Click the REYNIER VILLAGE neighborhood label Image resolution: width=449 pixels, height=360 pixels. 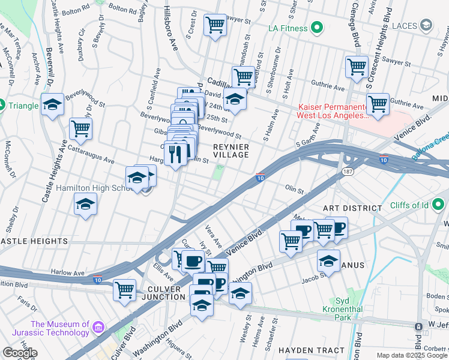coord(231,150)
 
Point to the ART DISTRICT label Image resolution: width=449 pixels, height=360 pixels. coord(352,208)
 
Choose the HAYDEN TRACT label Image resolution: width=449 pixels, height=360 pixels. coord(312,350)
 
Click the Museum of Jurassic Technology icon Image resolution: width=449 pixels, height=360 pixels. coord(98,328)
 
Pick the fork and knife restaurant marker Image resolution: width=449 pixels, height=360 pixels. coord(176,155)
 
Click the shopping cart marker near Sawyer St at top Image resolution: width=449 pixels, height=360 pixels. coord(215,25)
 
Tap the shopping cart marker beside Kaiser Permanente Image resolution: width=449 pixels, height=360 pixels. coord(378,104)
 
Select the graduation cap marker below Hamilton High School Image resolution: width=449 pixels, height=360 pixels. coord(86,204)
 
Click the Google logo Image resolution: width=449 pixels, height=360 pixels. coord(20,353)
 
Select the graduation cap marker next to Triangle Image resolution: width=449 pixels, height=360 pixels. coord(52,105)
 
